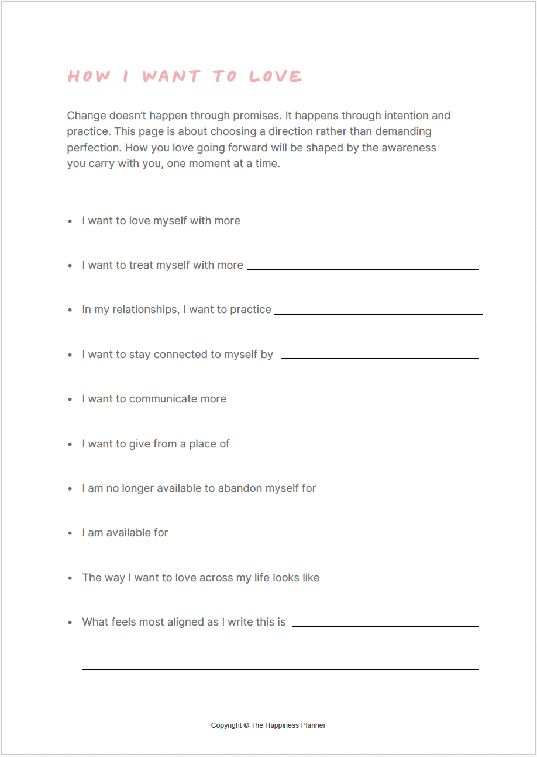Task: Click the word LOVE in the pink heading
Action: pos(276,77)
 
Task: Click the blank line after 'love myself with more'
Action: pos(363,224)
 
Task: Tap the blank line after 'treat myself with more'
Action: pos(363,269)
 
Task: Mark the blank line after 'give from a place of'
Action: pos(358,449)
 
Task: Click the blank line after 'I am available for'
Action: pos(327,537)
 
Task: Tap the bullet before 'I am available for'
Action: pos(70,533)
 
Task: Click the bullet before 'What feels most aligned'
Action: pos(70,623)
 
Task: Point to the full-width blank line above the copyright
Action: pos(281,669)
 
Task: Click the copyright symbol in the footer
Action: pos(246,725)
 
